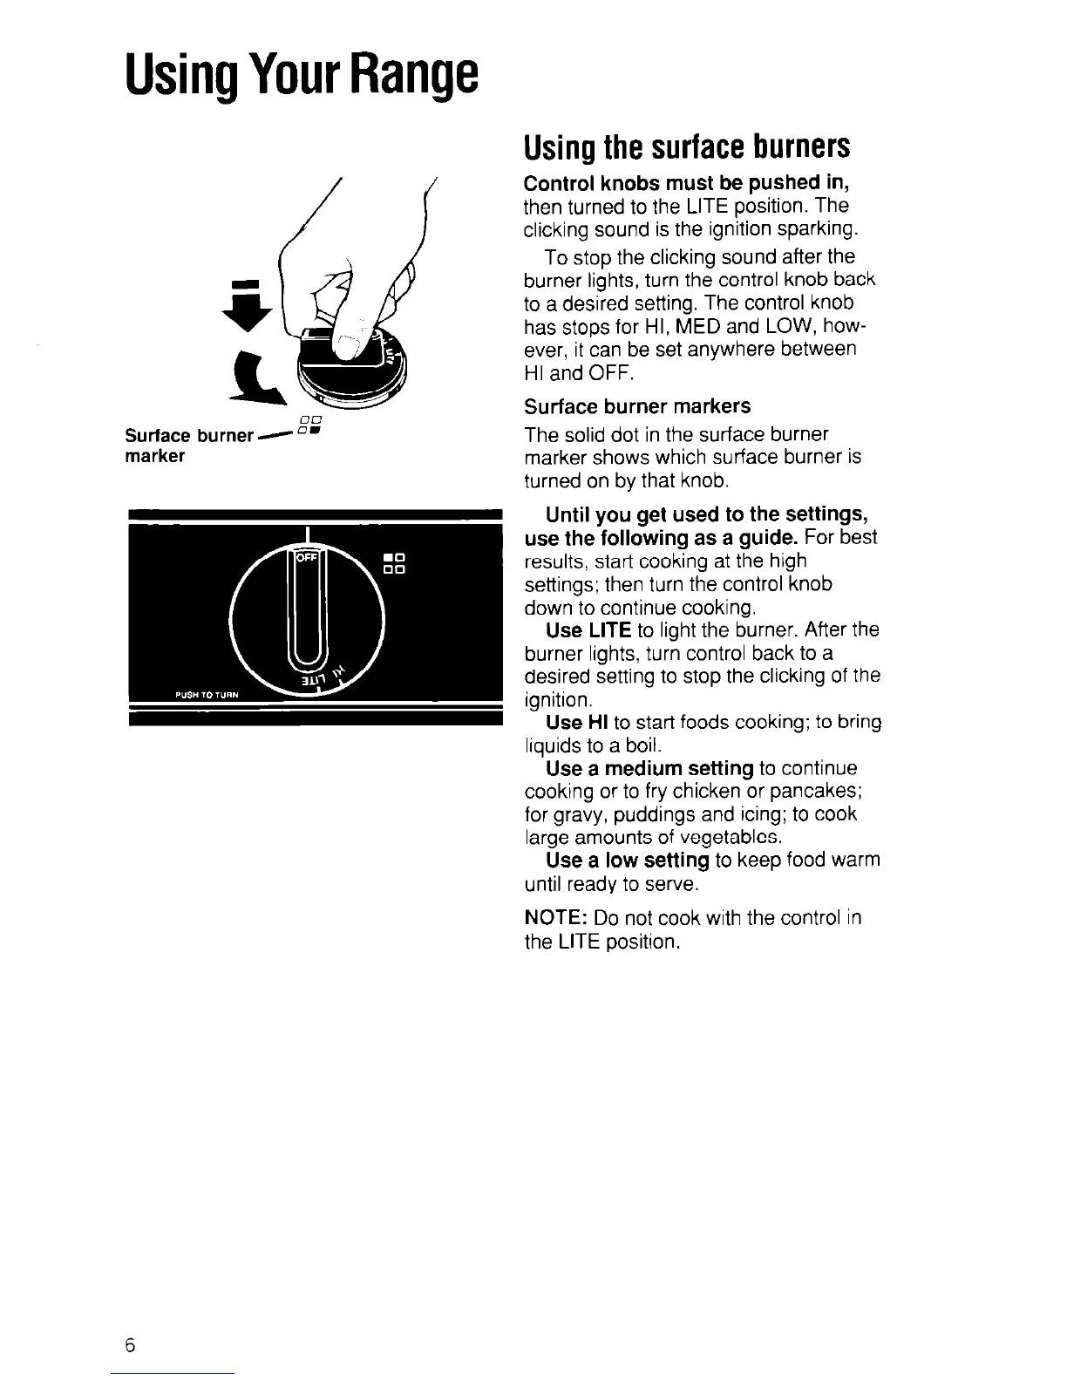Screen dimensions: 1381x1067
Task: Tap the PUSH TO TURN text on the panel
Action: [207, 695]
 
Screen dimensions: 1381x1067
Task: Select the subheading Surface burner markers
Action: [637, 406]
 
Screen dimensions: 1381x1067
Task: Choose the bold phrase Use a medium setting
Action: [649, 768]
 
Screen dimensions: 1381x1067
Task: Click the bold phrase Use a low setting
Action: [627, 861]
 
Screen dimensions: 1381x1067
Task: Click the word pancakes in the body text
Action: [822, 791]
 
